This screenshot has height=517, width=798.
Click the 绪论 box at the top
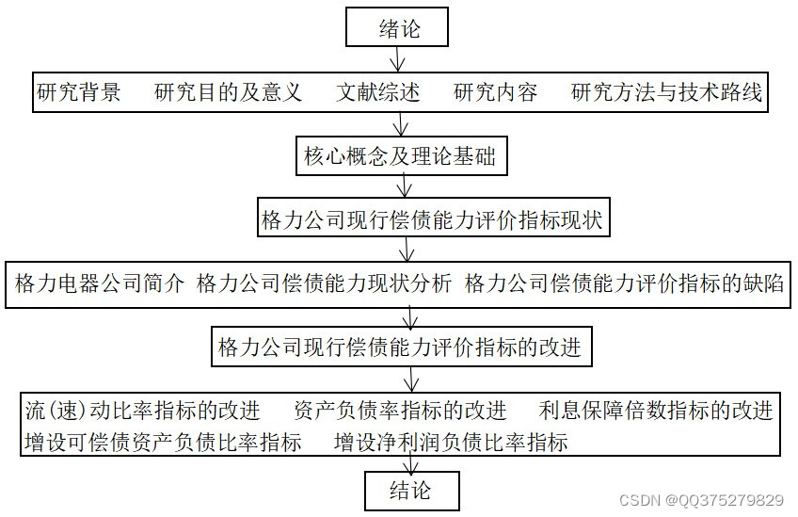(397, 27)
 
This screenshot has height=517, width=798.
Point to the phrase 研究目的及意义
(228, 93)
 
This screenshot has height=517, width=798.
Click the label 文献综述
(377, 93)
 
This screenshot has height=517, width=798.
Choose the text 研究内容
(495, 93)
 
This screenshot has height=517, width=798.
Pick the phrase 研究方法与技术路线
(666, 93)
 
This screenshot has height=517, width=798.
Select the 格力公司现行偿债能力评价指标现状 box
(432, 220)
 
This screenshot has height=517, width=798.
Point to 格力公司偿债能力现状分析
(324, 284)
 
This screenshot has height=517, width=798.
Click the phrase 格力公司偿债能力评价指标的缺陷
(624, 284)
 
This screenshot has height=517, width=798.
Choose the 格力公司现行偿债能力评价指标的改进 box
(400, 347)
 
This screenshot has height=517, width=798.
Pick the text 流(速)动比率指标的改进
(142, 411)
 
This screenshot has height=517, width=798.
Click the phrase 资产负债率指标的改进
(400, 411)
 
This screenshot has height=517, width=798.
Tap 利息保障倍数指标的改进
(656, 411)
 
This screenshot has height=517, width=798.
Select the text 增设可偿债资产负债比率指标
(164, 442)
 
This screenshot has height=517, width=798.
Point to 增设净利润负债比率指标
(451, 442)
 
